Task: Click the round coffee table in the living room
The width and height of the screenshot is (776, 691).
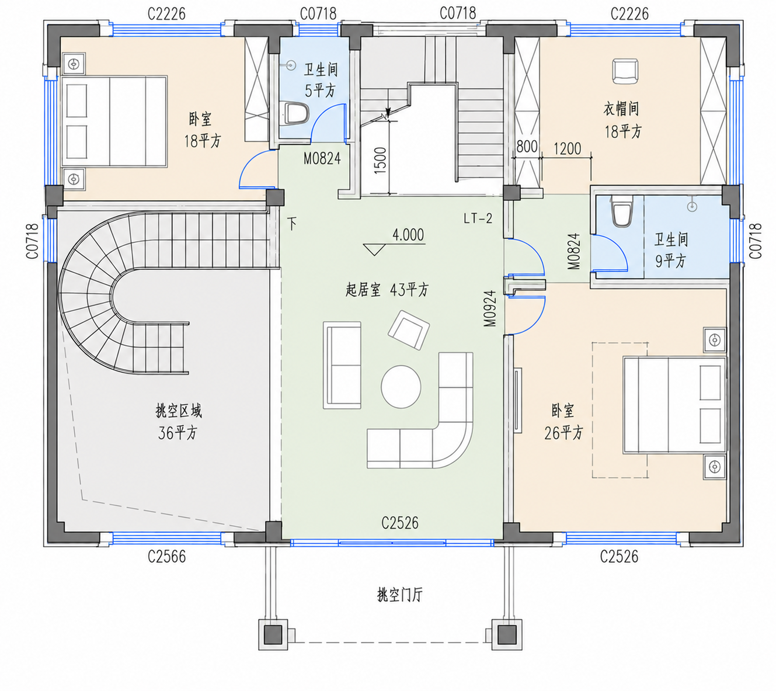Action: (401, 386)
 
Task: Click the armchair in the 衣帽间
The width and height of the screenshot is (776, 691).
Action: (625, 71)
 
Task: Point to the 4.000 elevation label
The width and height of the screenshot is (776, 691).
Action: (408, 235)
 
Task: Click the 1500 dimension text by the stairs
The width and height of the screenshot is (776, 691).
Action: (380, 161)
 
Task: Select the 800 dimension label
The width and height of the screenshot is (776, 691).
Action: (527, 147)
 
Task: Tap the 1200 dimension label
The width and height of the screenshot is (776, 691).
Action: (567, 149)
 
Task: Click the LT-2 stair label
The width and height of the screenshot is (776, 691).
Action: (478, 218)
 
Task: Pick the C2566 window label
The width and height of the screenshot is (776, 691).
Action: (166, 557)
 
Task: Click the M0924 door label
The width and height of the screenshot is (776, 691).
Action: (490, 308)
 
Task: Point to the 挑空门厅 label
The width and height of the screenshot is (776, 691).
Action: (399, 595)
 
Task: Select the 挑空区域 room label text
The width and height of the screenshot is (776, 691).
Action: (179, 411)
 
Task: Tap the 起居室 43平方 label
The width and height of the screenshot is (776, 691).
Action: (387, 290)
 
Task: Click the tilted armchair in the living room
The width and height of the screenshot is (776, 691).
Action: (408, 330)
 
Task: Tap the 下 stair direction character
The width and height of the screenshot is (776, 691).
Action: (293, 224)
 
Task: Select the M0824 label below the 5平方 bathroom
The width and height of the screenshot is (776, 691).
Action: (322, 158)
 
